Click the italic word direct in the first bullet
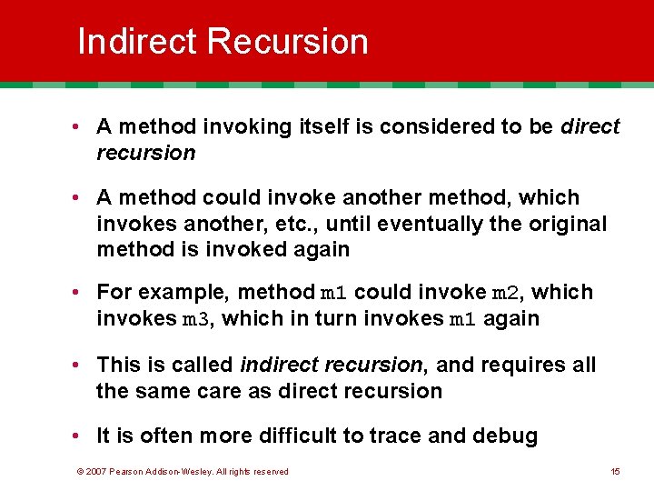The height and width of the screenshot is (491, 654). (590, 126)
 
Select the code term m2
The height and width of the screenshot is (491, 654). (504, 293)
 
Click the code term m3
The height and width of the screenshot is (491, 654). (197, 319)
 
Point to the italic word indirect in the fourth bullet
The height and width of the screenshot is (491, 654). (278, 365)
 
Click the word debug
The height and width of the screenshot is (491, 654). (505, 436)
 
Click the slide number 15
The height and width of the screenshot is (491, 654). (615, 471)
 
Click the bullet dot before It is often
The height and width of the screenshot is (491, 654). (81, 436)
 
